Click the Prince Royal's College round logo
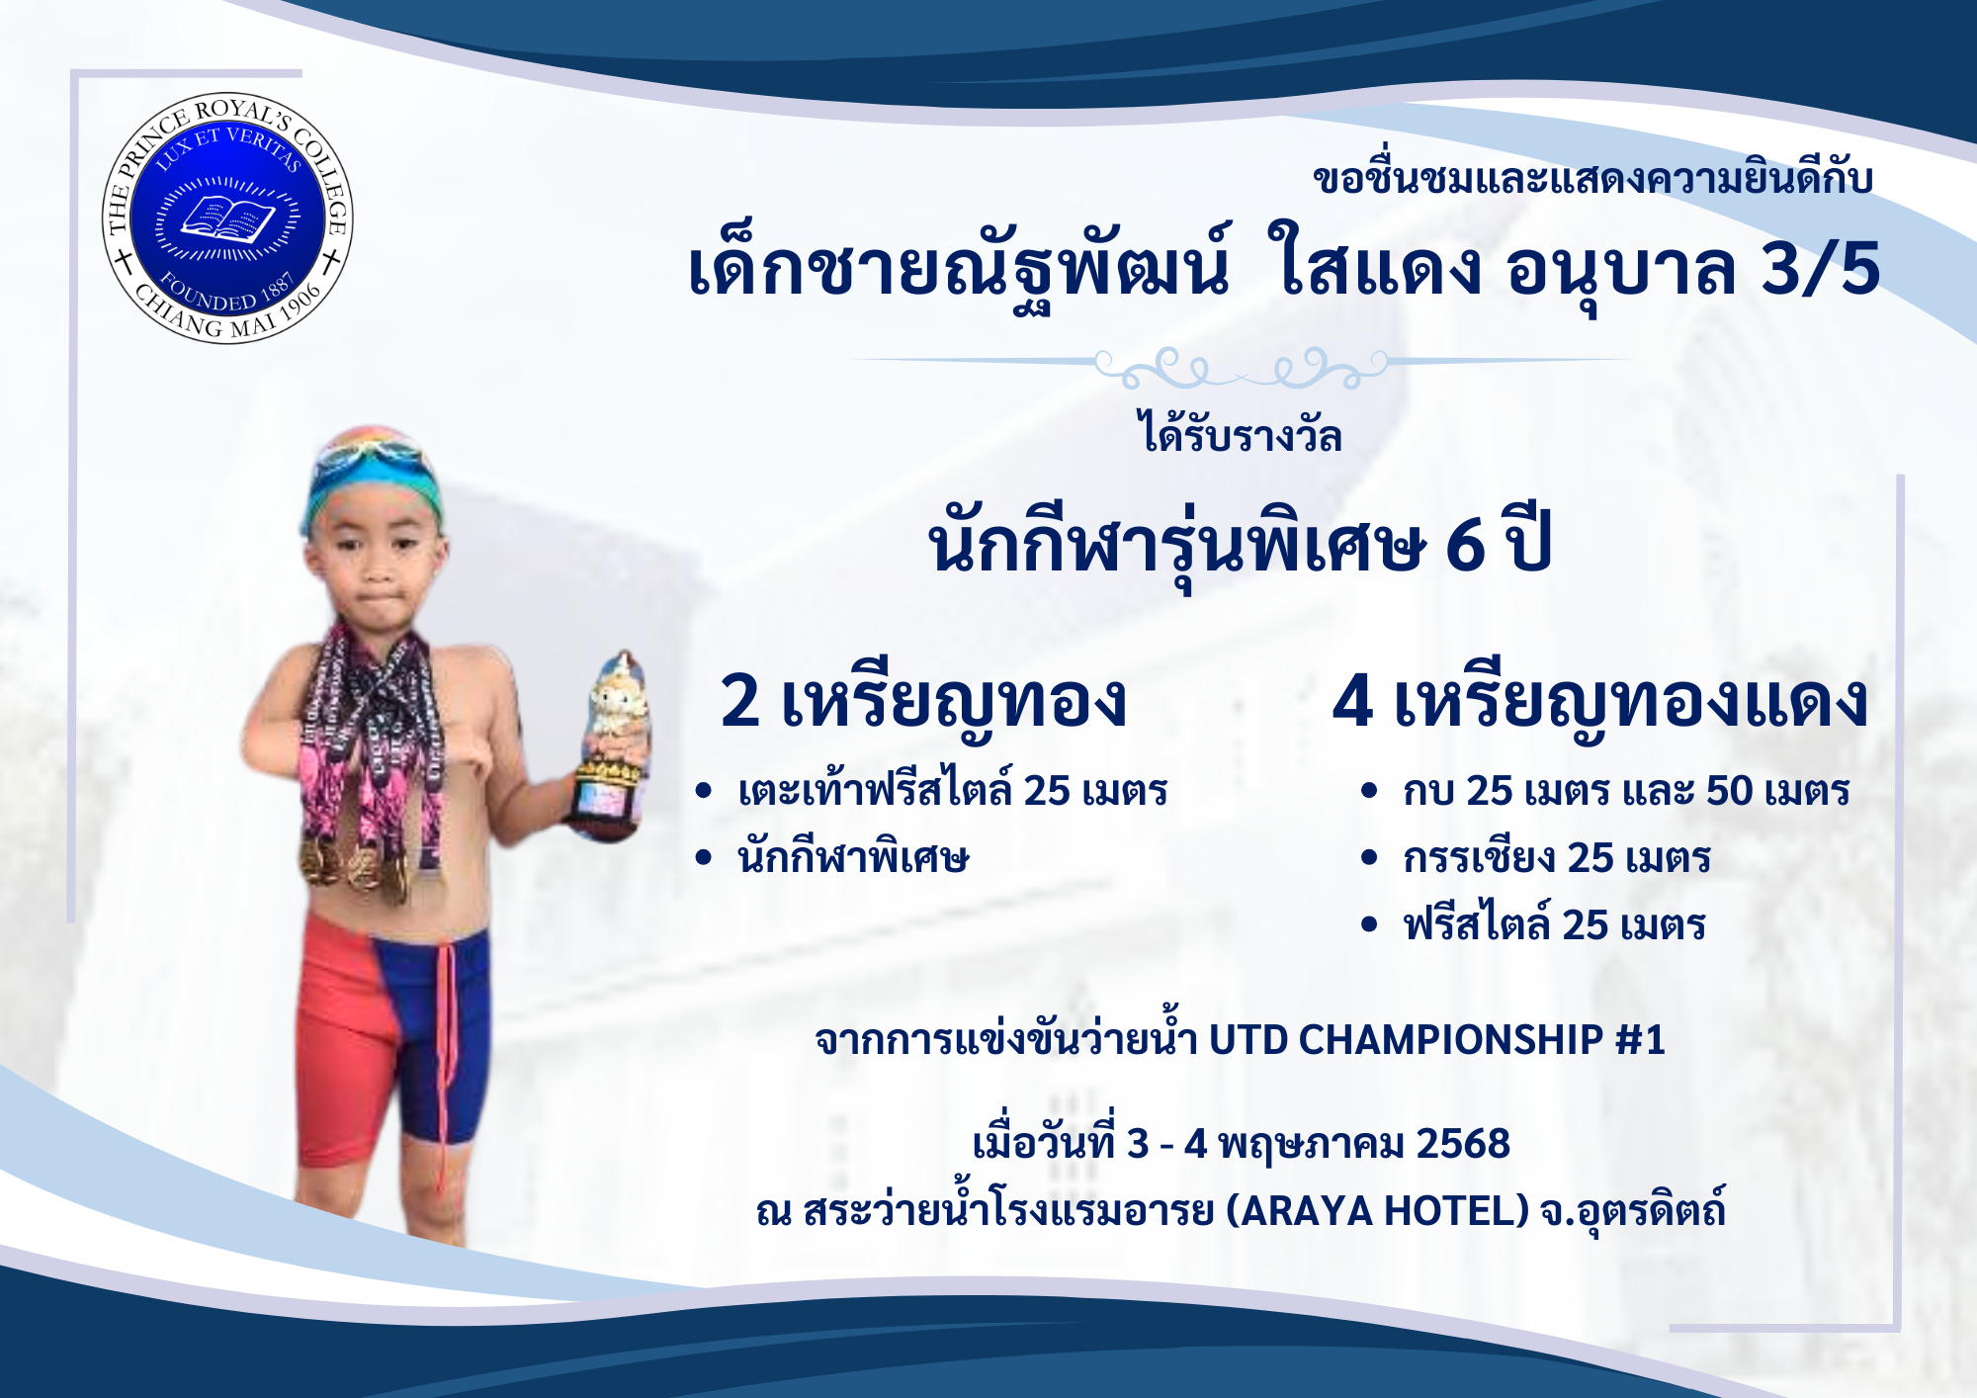click(227, 218)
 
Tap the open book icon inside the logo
click(227, 218)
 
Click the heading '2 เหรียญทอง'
click(923, 702)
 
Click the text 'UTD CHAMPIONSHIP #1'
click(1436, 1039)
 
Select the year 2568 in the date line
click(1463, 1144)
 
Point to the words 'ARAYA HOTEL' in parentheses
click(1377, 1210)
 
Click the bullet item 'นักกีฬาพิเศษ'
click(853, 857)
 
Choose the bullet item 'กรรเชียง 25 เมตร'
click(1556, 857)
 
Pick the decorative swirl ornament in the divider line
click(1242, 367)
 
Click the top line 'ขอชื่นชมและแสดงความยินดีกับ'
click(1592, 179)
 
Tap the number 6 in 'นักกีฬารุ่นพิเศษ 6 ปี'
click(1465, 544)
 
